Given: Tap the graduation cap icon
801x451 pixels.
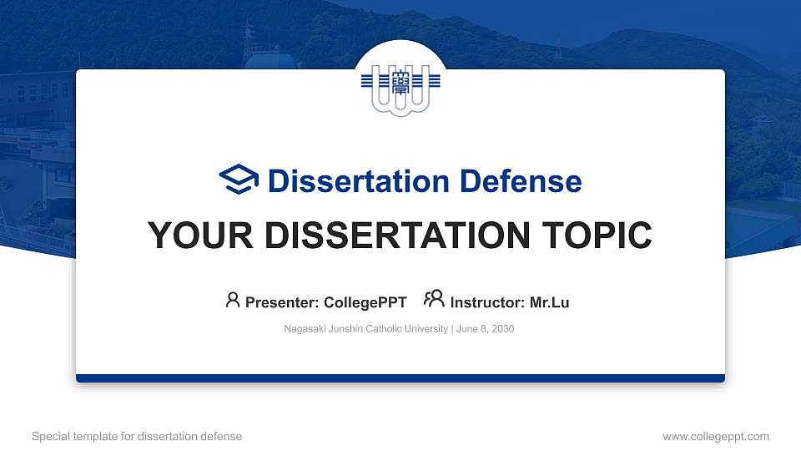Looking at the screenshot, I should [239, 180].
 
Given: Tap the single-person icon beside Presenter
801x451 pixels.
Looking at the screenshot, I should [233, 300].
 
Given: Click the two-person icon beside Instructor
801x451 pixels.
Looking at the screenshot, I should [434, 300].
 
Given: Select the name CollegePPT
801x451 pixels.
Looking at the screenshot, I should [365, 302].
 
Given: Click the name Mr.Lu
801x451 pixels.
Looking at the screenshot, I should [549, 302].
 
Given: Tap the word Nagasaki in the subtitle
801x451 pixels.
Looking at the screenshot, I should [304, 329].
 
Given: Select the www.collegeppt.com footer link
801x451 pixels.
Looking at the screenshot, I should [716, 436].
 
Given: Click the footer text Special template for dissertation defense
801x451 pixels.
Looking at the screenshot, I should [137, 436].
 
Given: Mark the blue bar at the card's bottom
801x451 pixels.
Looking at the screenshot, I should [400, 378].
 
